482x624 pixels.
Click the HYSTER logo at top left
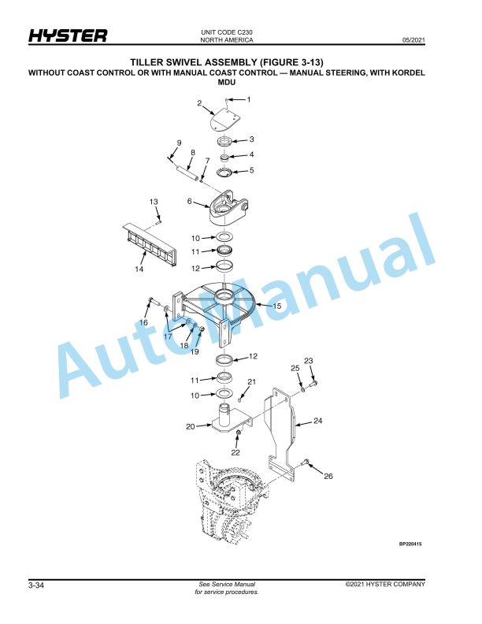[x=68, y=35]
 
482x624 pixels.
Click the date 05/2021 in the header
[x=413, y=40]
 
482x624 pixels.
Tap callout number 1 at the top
[x=249, y=99]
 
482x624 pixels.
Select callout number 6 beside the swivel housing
[x=190, y=202]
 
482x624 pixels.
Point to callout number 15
[x=277, y=306]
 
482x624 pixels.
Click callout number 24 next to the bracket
[x=317, y=420]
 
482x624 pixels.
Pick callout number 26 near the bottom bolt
[x=328, y=476]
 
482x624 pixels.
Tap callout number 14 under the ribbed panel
[x=139, y=269]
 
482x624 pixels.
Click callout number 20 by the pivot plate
[x=191, y=426]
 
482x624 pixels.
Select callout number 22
[x=235, y=452]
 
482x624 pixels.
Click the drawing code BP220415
[x=410, y=544]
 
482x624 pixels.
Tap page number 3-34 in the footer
[x=36, y=585]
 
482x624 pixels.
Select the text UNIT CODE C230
[x=227, y=32]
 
